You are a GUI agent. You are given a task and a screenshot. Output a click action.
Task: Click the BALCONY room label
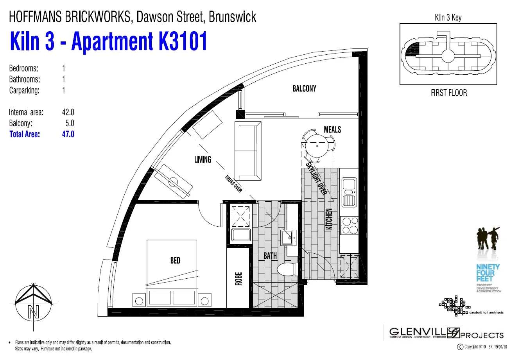(304, 88)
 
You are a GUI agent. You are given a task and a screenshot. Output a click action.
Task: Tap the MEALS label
(332, 129)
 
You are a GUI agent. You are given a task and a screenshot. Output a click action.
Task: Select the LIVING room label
(203, 159)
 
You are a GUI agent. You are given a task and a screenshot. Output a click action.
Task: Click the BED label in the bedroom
(175, 260)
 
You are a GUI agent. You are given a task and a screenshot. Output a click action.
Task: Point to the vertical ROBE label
(238, 279)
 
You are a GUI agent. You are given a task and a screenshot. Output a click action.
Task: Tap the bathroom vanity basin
(289, 237)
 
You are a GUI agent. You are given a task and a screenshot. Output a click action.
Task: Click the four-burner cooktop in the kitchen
(350, 225)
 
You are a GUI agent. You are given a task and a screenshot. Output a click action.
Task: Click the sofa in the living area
(247, 150)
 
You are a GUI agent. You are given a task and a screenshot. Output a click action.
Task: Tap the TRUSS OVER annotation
(233, 184)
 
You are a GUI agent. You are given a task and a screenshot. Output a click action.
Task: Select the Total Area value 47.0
(68, 134)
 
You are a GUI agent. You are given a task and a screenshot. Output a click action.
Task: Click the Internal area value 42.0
(68, 113)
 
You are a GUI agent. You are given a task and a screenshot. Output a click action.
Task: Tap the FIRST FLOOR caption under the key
(448, 93)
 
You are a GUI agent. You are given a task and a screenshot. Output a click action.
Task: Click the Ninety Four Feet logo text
(488, 273)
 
